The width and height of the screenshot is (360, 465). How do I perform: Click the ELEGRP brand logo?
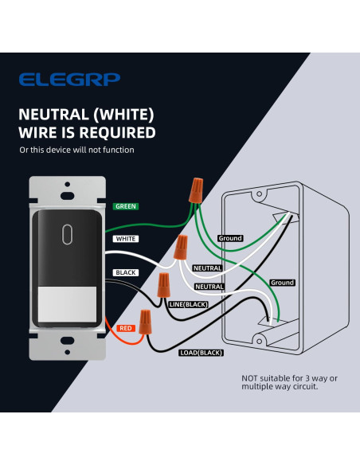pos(69,80)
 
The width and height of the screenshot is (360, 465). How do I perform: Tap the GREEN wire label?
pos(126,206)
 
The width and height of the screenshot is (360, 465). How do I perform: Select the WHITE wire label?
pos(126,239)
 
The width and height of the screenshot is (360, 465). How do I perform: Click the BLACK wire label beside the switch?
pos(126,272)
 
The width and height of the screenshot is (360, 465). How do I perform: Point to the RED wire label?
pos(126,328)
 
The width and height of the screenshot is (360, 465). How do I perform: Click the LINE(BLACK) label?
pos(189,305)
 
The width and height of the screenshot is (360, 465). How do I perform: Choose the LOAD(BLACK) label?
pos(202,353)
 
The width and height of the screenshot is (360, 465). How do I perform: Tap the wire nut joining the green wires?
pos(196,190)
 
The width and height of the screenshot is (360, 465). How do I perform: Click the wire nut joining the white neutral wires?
pos(181,247)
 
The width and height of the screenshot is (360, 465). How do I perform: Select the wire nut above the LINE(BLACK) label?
pos(164,285)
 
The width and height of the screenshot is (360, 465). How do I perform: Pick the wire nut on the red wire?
pos(145,322)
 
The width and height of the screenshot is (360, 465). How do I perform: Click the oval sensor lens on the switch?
pos(68,234)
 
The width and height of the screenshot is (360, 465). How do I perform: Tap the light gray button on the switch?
pos(68,304)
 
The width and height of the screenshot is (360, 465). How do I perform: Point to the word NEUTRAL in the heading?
pos(53,114)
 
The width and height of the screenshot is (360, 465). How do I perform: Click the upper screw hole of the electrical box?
pos(259,194)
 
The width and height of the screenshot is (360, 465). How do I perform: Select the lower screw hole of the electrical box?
pos(259,342)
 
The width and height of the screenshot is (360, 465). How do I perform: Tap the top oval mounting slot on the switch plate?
pos(68,196)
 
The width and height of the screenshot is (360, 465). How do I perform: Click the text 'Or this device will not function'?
pos(76,150)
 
